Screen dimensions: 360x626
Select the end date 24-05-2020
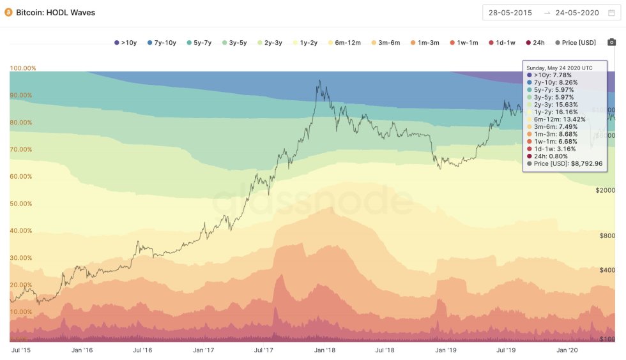click(576, 12)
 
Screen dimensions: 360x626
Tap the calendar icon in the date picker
click(612, 12)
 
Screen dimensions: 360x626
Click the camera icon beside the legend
click(612, 43)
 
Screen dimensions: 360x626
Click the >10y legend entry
click(126, 43)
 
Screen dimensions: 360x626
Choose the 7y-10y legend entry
click(162, 43)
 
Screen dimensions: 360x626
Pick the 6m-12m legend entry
click(344, 43)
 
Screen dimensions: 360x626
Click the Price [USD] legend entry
click(576, 43)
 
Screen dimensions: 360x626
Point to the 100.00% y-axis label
click(23, 68)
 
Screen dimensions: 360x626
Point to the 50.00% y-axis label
click(23, 204)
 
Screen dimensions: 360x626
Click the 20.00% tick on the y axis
click(23, 285)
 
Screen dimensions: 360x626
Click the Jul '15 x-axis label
click(23, 350)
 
